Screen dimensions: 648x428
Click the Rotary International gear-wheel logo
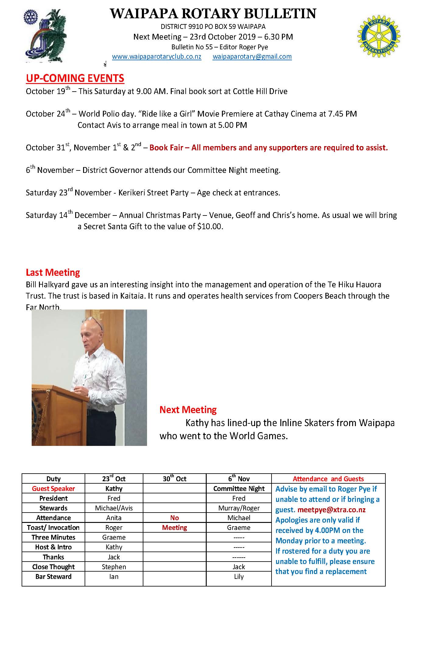click(379, 37)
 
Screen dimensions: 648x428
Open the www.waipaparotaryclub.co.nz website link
click(156, 57)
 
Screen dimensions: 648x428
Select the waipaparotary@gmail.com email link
click(252, 57)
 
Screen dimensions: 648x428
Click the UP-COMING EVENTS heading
click(75, 78)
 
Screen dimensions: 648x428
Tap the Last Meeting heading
click(53, 272)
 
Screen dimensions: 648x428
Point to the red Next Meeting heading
click(188, 410)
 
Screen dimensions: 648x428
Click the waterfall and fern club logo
click(46, 36)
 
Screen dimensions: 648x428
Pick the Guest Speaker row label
click(53, 489)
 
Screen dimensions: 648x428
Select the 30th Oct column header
click(174, 479)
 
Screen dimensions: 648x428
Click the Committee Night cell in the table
click(239, 489)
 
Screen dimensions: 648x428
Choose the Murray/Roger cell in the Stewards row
click(239, 508)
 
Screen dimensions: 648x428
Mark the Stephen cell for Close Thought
click(114, 567)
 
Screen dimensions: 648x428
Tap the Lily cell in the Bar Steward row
click(239, 576)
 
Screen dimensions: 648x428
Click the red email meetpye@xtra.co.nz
click(332, 510)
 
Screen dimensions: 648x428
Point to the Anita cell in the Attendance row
click(114, 518)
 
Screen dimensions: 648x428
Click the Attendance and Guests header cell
click(328, 479)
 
